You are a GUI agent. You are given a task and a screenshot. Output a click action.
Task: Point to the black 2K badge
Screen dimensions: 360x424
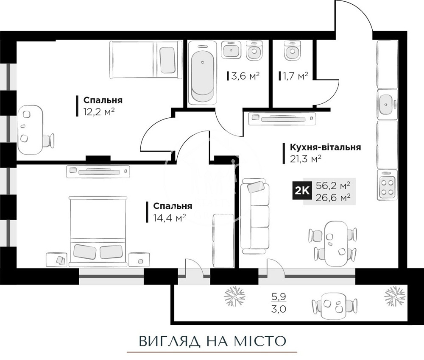coord(302,190)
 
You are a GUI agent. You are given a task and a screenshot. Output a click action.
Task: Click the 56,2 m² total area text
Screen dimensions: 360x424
coord(333,186)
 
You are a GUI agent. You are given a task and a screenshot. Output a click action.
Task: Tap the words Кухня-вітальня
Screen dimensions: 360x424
coord(325,147)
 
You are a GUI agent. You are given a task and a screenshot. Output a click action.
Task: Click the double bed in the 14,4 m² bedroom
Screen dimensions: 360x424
coord(98,231)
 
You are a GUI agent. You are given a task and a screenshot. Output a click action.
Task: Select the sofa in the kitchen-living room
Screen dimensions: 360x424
coord(255,216)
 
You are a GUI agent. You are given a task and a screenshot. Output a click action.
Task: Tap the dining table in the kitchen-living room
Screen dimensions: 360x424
coord(333,240)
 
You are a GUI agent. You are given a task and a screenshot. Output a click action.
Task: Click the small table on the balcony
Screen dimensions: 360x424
coord(333,304)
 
